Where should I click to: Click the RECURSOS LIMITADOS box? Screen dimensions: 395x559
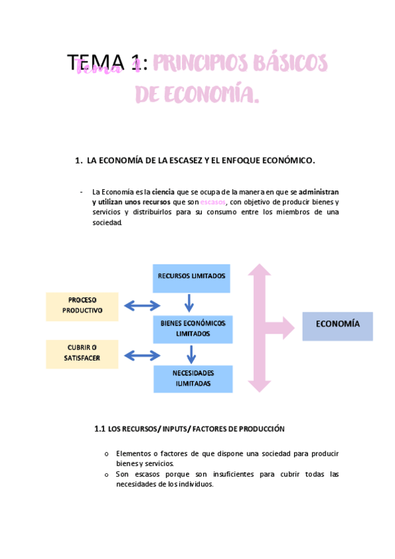[192, 276]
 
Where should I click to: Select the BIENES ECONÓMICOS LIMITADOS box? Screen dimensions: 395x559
[193, 328]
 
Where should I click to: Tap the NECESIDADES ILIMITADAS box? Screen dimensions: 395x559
[193, 378]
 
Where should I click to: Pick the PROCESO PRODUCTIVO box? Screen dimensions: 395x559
[82, 306]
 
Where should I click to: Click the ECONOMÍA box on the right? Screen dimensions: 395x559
[338, 325]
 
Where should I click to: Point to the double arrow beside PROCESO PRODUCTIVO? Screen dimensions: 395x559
[142, 305]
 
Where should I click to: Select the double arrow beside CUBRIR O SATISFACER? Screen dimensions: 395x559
[142, 355]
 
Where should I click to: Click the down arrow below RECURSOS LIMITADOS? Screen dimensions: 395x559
[190, 303]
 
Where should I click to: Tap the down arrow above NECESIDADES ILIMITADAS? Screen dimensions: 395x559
[191, 355]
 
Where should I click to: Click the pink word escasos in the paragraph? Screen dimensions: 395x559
[213, 202]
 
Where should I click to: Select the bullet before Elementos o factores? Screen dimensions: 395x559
[107, 454]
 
